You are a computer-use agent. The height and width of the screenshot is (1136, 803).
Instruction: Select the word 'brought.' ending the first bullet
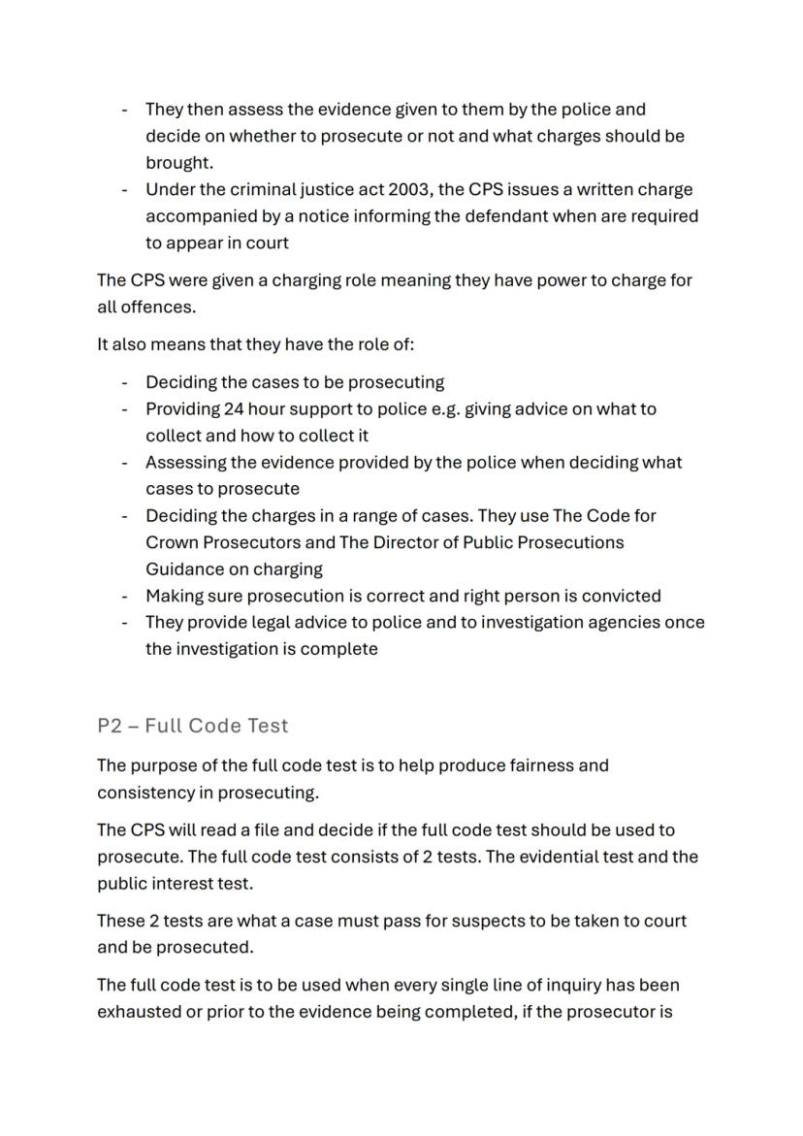click(x=179, y=162)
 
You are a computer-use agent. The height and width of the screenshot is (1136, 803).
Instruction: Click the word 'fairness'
click(x=541, y=765)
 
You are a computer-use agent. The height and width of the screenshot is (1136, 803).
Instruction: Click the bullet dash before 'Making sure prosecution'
click(x=125, y=596)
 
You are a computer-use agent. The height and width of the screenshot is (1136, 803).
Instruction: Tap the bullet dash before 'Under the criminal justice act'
click(x=125, y=189)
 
